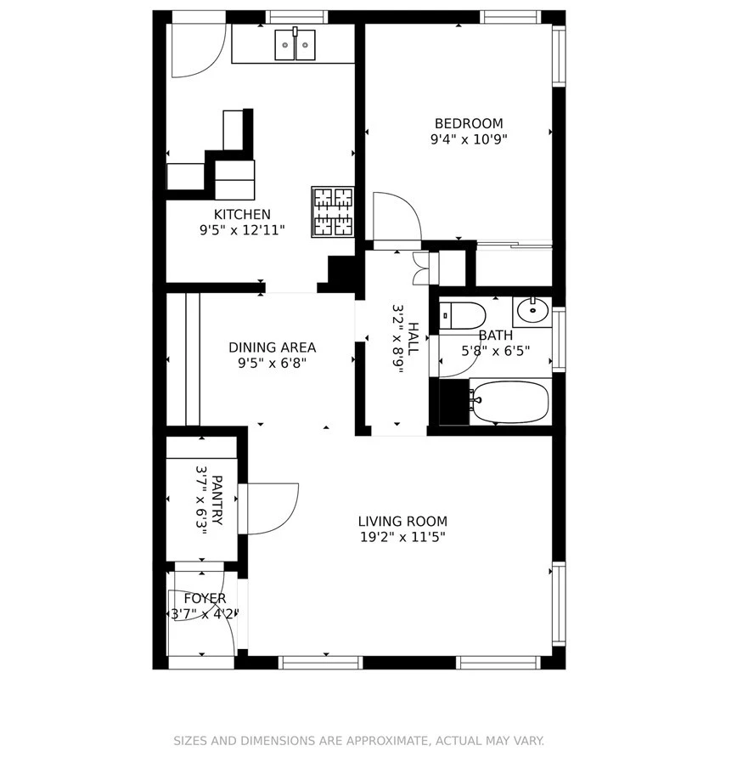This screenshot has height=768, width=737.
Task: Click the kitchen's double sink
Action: pyautogui.click(x=295, y=44)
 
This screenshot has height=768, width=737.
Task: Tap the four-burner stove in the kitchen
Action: pyautogui.click(x=333, y=212)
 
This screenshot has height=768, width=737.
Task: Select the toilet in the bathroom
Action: pyautogui.click(x=462, y=315)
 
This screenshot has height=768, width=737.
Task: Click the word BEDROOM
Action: pyautogui.click(x=469, y=123)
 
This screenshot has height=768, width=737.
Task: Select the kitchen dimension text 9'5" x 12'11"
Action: pyautogui.click(x=242, y=229)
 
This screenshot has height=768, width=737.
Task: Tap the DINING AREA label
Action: pyautogui.click(x=273, y=347)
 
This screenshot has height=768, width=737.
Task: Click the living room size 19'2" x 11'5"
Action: pyautogui.click(x=402, y=537)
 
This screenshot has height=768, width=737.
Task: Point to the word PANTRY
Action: pyautogui.click(x=217, y=500)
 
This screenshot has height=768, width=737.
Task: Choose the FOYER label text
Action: pyautogui.click(x=205, y=599)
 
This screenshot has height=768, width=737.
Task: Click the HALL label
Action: pyautogui.click(x=413, y=339)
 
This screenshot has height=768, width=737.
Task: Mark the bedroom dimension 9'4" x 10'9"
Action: pyautogui.click(x=469, y=139)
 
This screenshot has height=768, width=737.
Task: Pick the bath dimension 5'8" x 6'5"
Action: pyautogui.click(x=496, y=351)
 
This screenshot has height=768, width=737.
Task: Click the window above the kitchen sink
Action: pyautogui.click(x=296, y=17)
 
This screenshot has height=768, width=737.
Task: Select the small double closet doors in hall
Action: pyautogui.click(x=420, y=268)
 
